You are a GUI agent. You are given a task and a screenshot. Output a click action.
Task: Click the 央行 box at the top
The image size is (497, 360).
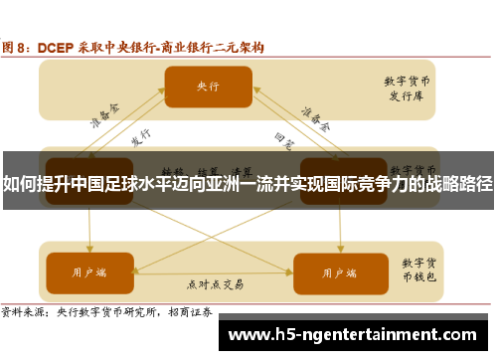[208, 87]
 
